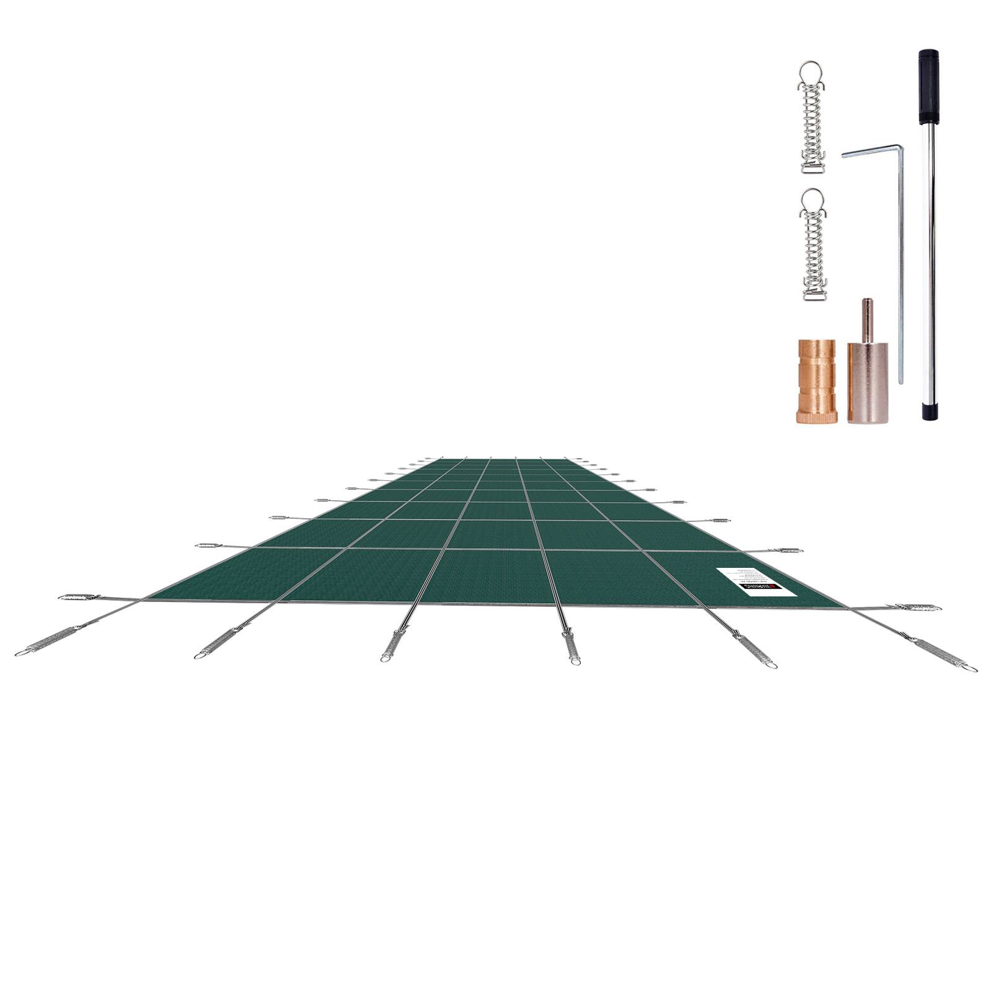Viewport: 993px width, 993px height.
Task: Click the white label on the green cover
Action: point(756,582)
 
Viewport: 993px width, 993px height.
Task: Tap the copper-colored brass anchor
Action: point(816,381)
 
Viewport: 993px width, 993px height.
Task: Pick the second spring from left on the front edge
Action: point(216,642)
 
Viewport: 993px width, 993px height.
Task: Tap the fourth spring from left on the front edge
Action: point(571,647)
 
